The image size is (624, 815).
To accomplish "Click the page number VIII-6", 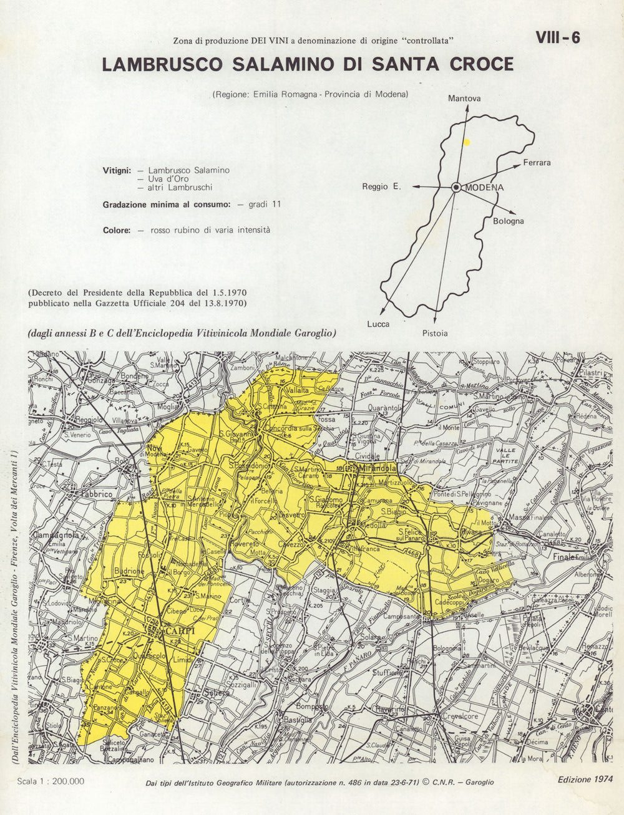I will point(557,38).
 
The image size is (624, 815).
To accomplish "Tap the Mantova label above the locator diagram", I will point(464,99).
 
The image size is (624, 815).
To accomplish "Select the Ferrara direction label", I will point(537,163).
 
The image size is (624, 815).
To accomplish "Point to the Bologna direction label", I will point(509,221).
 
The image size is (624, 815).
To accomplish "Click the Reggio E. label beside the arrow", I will point(381,186).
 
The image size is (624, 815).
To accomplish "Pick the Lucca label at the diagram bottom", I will point(378,324).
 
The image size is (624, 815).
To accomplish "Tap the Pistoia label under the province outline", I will point(434,333).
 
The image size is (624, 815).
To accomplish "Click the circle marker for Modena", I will point(456,186).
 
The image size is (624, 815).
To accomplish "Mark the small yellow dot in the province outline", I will point(466,142).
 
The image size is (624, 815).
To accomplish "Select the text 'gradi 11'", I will point(265,204).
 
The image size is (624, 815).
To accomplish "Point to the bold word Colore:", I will point(117,230).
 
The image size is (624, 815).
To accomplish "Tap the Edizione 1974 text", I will point(585,779).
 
